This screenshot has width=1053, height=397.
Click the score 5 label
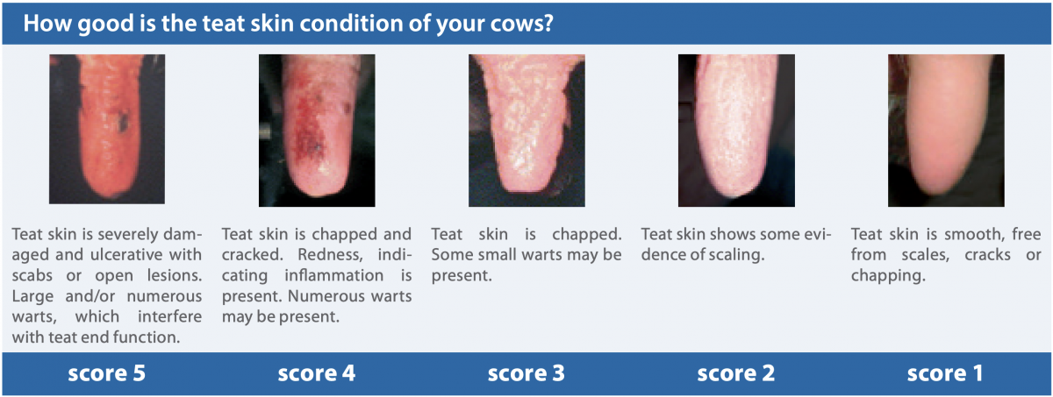pyautogui.click(x=107, y=373)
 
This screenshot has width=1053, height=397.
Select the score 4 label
pyautogui.click(x=317, y=373)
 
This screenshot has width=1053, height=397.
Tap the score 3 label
pyautogui.click(x=526, y=373)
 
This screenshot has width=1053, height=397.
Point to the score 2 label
pyautogui.click(x=735, y=373)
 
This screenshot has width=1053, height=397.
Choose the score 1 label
pyautogui.click(x=945, y=373)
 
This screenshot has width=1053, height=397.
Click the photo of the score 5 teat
pyautogui.click(x=107, y=129)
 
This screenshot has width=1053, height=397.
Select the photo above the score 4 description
pyautogui.click(x=317, y=131)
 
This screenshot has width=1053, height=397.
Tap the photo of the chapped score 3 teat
pyautogui.click(x=526, y=131)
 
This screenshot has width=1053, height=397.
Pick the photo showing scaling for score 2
pyautogui.click(x=736, y=131)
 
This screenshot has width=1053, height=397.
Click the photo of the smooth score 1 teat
pyautogui.click(x=946, y=131)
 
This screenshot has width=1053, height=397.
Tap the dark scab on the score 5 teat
pyautogui.click(x=123, y=121)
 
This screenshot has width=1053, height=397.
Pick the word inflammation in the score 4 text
pyautogui.click(x=333, y=275)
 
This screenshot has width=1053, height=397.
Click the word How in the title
pyautogui.click(x=46, y=23)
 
